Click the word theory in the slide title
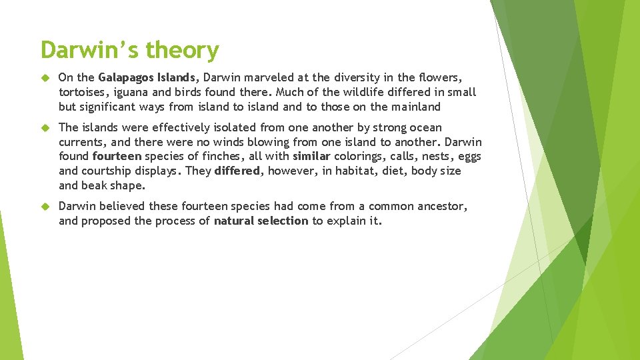(182, 51)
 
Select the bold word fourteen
(117, 157)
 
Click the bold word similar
(311, 157)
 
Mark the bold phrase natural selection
(261, 221)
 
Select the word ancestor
(440, 206)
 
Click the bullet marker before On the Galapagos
(45, 78)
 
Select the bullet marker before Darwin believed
(45, 207)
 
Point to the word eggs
(469, 157)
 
